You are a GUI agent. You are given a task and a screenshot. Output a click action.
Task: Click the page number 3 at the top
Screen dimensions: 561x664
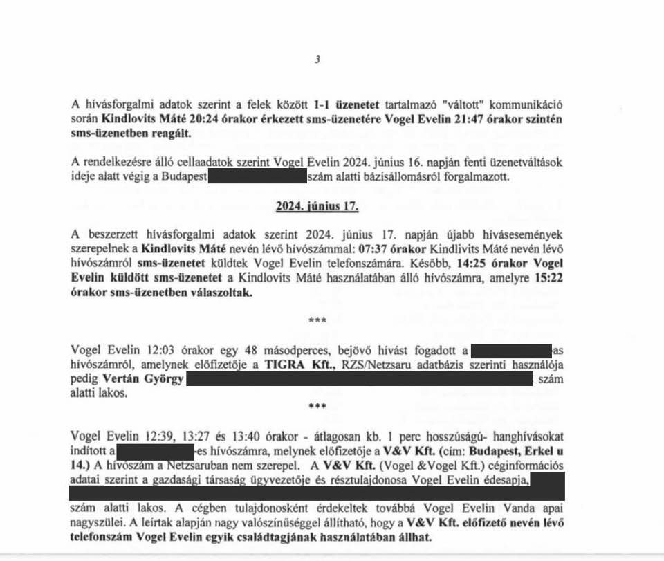tap(317, 59)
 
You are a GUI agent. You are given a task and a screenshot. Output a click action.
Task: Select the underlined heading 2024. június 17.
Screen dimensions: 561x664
tap(316, 206)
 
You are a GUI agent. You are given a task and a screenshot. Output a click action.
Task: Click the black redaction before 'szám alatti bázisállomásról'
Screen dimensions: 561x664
tap(257, 176)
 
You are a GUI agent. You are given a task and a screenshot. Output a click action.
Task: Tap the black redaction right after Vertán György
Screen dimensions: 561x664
tap(360, 380)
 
